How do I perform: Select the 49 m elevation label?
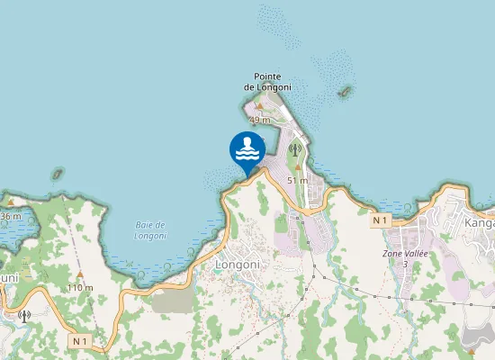[259, 120]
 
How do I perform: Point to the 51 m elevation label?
[297, 180]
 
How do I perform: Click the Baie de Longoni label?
[150, 229]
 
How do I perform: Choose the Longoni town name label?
[238, 265]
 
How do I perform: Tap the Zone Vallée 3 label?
[405, 259]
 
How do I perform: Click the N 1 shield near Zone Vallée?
[382, 220]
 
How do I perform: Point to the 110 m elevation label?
[80, 287]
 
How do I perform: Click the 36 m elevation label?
[10, 216]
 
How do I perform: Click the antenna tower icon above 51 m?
[292, 150]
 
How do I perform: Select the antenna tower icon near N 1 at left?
[23, 315]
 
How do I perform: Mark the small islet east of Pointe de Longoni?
[344, 93]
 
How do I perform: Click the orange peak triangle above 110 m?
[80, 274]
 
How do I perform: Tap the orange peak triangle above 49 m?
[260, 108]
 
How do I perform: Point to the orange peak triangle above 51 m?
[296, 168]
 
